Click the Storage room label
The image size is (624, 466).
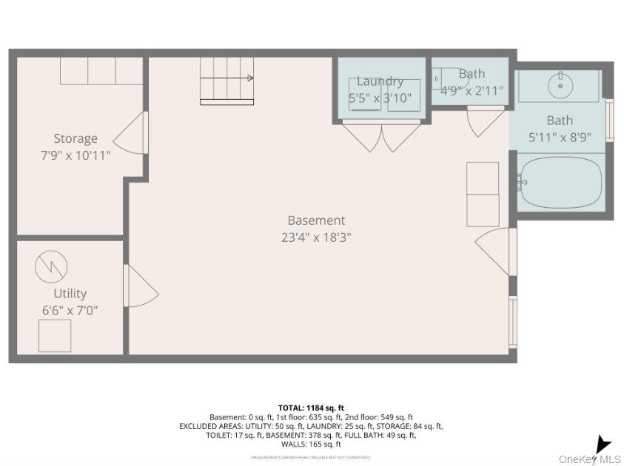tap(76, 138)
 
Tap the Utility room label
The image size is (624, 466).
tap(70, 294)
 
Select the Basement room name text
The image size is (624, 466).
tap(316, 220)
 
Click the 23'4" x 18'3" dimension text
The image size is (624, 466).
tap(316, 237)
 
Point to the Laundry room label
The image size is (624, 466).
tap(380, 81)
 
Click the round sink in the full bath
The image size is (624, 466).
tap(560, 86)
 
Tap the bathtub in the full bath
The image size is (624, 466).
tap(560, 181)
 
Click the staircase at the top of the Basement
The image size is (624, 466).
tap(227, 80)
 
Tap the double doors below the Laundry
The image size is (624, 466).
tap(382, 137)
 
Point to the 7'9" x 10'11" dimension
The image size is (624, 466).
tap(76, 155)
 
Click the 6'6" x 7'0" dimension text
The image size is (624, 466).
tap(70, 311)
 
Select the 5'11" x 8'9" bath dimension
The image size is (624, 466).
tap(560, 137)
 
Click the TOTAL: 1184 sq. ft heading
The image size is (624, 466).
tap(311, 408)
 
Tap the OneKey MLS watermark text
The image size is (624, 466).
tap(589, 459)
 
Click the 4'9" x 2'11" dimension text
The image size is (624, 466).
tap(472, 91)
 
